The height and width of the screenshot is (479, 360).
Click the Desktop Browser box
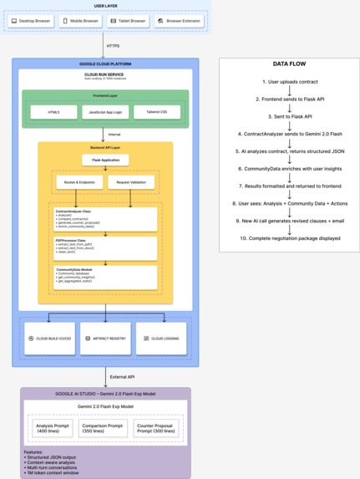tap(32, 21)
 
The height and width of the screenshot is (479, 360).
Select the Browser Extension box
tap(178, 21)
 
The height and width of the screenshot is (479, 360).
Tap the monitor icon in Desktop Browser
tap(14, 21)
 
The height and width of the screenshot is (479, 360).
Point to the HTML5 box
tap(53, 112)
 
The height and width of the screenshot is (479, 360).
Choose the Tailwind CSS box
tap(157, 112)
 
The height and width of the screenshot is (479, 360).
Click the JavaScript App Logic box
tap(105, 112)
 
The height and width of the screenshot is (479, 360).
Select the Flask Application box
tap(105, 160)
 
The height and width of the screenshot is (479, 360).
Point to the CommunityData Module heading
tap(75, 269)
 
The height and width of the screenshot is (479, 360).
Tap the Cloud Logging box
tap(161, 339)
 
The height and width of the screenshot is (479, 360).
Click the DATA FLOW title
tap(288, 64)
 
